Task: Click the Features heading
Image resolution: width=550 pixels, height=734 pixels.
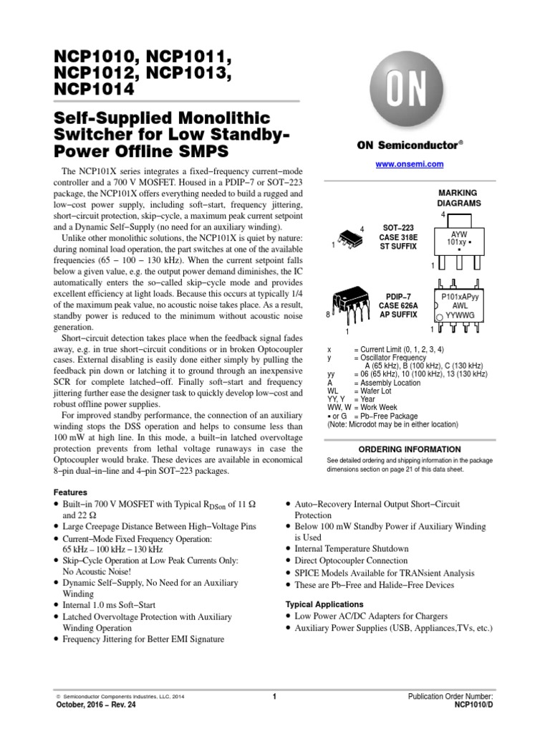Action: [x=70, y=492]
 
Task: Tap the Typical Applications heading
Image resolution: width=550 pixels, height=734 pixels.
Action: [x=324, y=604]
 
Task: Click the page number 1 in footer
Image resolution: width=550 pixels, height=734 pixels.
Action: [x=275, y=696]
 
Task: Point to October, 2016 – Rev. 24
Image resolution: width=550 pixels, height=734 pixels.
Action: [x=94, y=705]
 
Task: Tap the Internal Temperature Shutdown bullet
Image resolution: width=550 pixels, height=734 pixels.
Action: [x=352, y=548]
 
